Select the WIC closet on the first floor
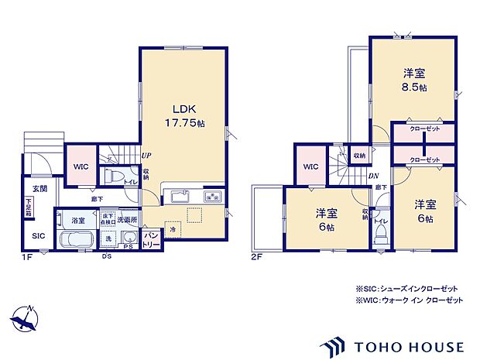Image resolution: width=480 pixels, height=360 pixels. coord(81,166)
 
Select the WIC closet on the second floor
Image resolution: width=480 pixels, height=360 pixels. coord(310,166)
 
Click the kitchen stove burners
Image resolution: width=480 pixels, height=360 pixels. coord(211,196)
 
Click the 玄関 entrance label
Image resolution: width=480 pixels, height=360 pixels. coord(39,188)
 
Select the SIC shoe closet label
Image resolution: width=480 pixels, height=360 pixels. coord(38,237)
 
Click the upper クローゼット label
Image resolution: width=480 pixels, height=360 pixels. coord(423,129)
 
